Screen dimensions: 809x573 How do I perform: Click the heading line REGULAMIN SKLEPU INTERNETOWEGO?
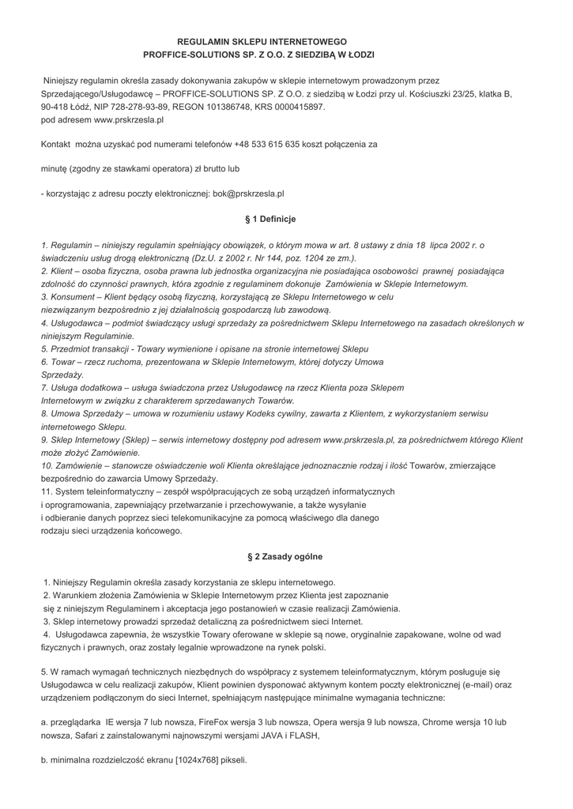click(262, 40)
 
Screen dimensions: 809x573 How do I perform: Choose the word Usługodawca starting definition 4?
click(78, 323)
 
